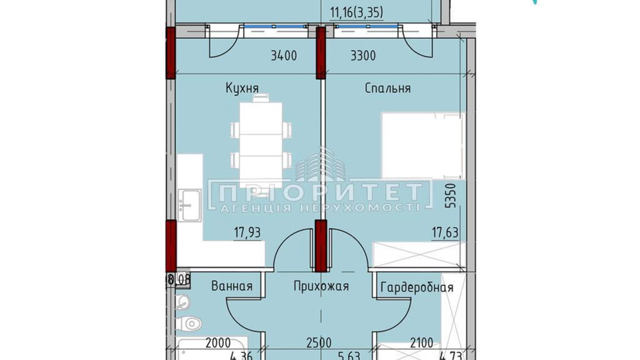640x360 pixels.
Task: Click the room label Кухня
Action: tap(242, 88)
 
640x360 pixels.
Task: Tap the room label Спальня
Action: tap(387, 88)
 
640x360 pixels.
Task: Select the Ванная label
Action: tap(231, 286)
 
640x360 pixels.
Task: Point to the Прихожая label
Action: tap(321, 286)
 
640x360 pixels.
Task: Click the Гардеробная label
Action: tap(417, 287)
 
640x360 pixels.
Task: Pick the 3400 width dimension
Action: tap(283, 56)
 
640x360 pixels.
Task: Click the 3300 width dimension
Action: tap(363, 56)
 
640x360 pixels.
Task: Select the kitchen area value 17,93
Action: tap(247, 233)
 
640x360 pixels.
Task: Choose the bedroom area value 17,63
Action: tap(445, 233)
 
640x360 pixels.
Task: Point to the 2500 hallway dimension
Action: tap(319, 343)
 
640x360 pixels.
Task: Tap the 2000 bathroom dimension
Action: tap(218, 343)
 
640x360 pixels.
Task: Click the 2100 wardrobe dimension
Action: tap(422, 343)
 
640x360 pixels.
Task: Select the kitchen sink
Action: tap(190, 205)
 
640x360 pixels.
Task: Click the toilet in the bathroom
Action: tap(190, 324)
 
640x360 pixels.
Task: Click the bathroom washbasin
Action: tap(182, 302)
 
